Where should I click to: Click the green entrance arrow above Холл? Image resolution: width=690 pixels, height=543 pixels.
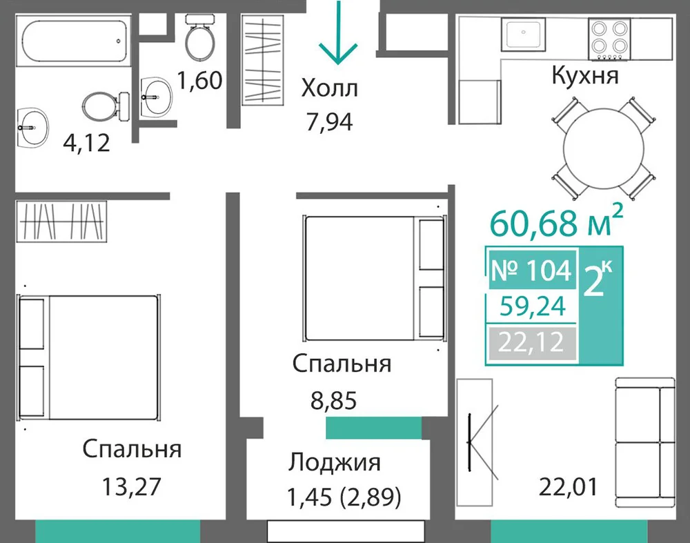[338, 33]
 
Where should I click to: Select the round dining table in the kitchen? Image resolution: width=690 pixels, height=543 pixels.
[604, 149]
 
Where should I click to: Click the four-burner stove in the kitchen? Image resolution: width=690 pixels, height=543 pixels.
[609, 39]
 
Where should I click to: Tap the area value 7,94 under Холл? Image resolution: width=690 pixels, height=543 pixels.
[330, 122]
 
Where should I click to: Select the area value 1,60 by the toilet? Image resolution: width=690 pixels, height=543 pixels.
[199, 80]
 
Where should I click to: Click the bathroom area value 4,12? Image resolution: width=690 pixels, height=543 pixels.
[86, 143]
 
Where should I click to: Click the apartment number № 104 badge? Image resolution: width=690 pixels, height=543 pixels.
[531, 270]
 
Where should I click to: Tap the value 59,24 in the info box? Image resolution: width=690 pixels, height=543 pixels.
[533, 306]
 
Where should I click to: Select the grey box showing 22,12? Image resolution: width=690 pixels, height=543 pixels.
[531, 342]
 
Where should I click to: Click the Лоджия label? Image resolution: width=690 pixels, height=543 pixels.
[335, 463]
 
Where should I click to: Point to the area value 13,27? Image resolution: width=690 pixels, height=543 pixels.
[132, 486]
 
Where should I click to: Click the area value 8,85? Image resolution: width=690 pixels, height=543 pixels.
[333, 401]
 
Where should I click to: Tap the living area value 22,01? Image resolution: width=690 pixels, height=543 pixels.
[568, 486]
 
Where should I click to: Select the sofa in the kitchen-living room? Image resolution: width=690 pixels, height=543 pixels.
[644, 443]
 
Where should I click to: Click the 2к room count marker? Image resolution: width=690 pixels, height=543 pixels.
[598, 279]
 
